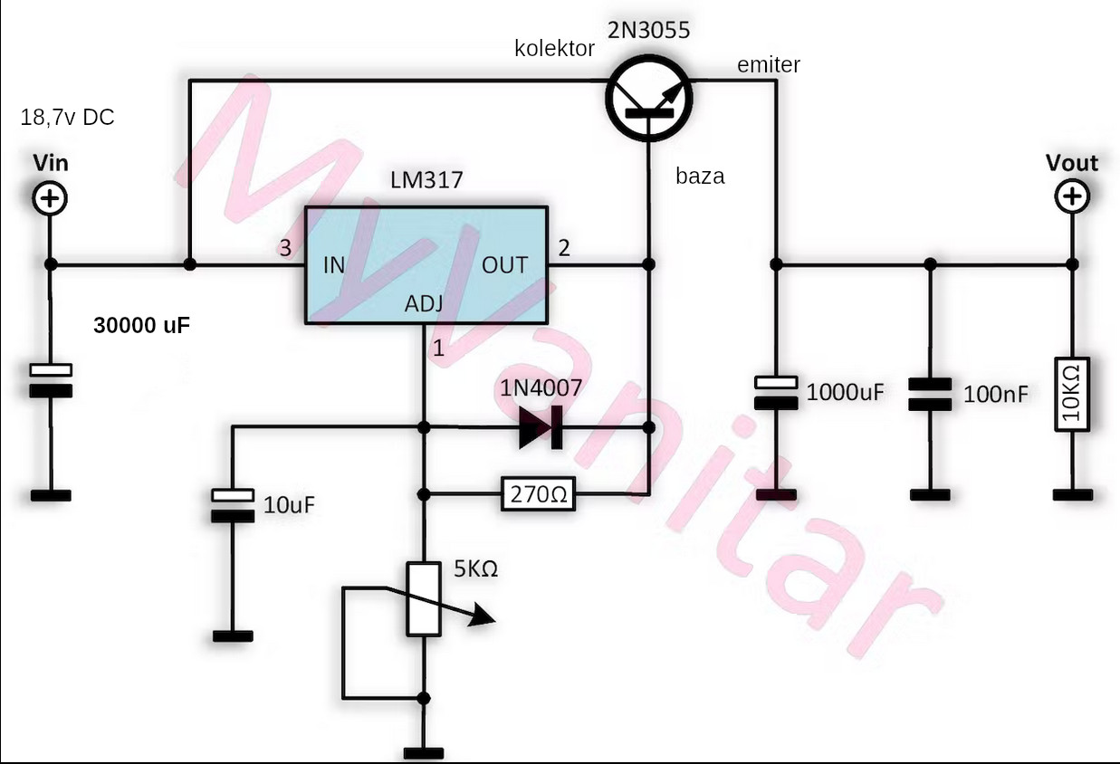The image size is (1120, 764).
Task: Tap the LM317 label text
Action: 426,180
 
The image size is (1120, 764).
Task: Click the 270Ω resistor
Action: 538,495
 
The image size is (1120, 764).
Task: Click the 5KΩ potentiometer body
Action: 424,598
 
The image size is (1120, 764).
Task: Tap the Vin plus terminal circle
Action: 51,198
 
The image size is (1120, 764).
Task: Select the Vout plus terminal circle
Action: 1072,196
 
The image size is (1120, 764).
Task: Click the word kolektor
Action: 554,49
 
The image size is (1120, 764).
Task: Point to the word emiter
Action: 769,64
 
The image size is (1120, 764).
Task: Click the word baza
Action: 700,177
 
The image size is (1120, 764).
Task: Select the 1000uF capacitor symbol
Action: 776,391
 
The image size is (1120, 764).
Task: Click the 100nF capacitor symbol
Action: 930,392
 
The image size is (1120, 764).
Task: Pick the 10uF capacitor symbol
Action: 233,505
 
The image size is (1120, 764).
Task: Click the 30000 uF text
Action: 142,326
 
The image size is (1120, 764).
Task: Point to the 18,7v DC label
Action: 67,118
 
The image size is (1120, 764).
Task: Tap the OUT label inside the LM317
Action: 504,265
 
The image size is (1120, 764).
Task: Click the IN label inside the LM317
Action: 334,265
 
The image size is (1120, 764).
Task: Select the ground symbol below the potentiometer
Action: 424,752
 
